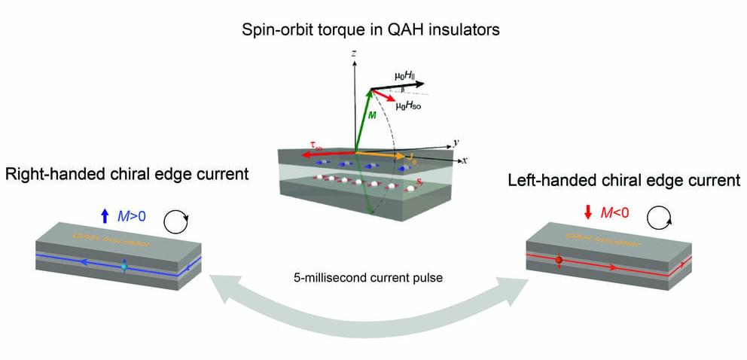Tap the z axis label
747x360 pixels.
[352, 55]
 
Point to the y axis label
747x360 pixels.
[456, 142]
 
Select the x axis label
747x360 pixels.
[466, 160]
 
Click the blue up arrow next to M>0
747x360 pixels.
[104, 217]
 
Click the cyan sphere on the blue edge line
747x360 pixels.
[124, 266]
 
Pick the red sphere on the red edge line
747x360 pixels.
[559, 261]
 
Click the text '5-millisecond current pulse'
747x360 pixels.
[367, 276]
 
